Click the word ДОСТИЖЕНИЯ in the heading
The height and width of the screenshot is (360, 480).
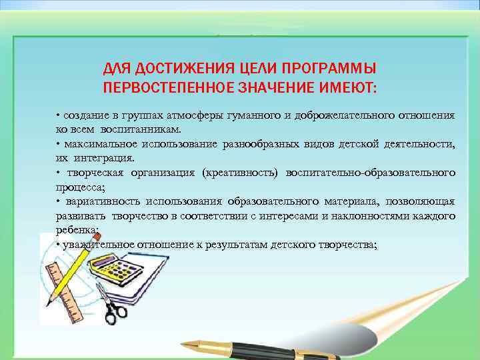(x=171, y=69)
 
